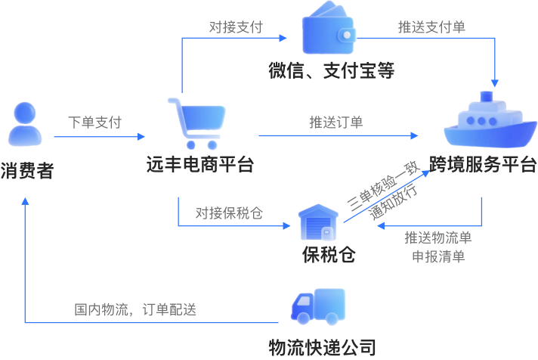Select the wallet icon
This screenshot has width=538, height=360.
tap(329, 31)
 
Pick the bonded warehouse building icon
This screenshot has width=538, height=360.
tap(317, 222)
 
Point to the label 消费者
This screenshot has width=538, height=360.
tap(26, 170)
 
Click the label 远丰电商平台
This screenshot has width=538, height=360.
tap(199, 164)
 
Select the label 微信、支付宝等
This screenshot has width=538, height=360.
tap(332, 72)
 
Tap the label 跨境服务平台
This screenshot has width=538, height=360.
tap(483, 164)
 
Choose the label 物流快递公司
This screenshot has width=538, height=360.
tap(323, 347)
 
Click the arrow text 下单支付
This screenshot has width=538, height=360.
tap(94, 122)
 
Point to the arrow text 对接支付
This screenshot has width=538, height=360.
tap(236, 27)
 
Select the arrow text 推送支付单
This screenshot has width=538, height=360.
tap(432, 27)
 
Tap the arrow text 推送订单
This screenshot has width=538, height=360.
tap(335, 122)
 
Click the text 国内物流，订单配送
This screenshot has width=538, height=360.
tap(135, 309)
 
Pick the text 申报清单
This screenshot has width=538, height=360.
tap(438, 256)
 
